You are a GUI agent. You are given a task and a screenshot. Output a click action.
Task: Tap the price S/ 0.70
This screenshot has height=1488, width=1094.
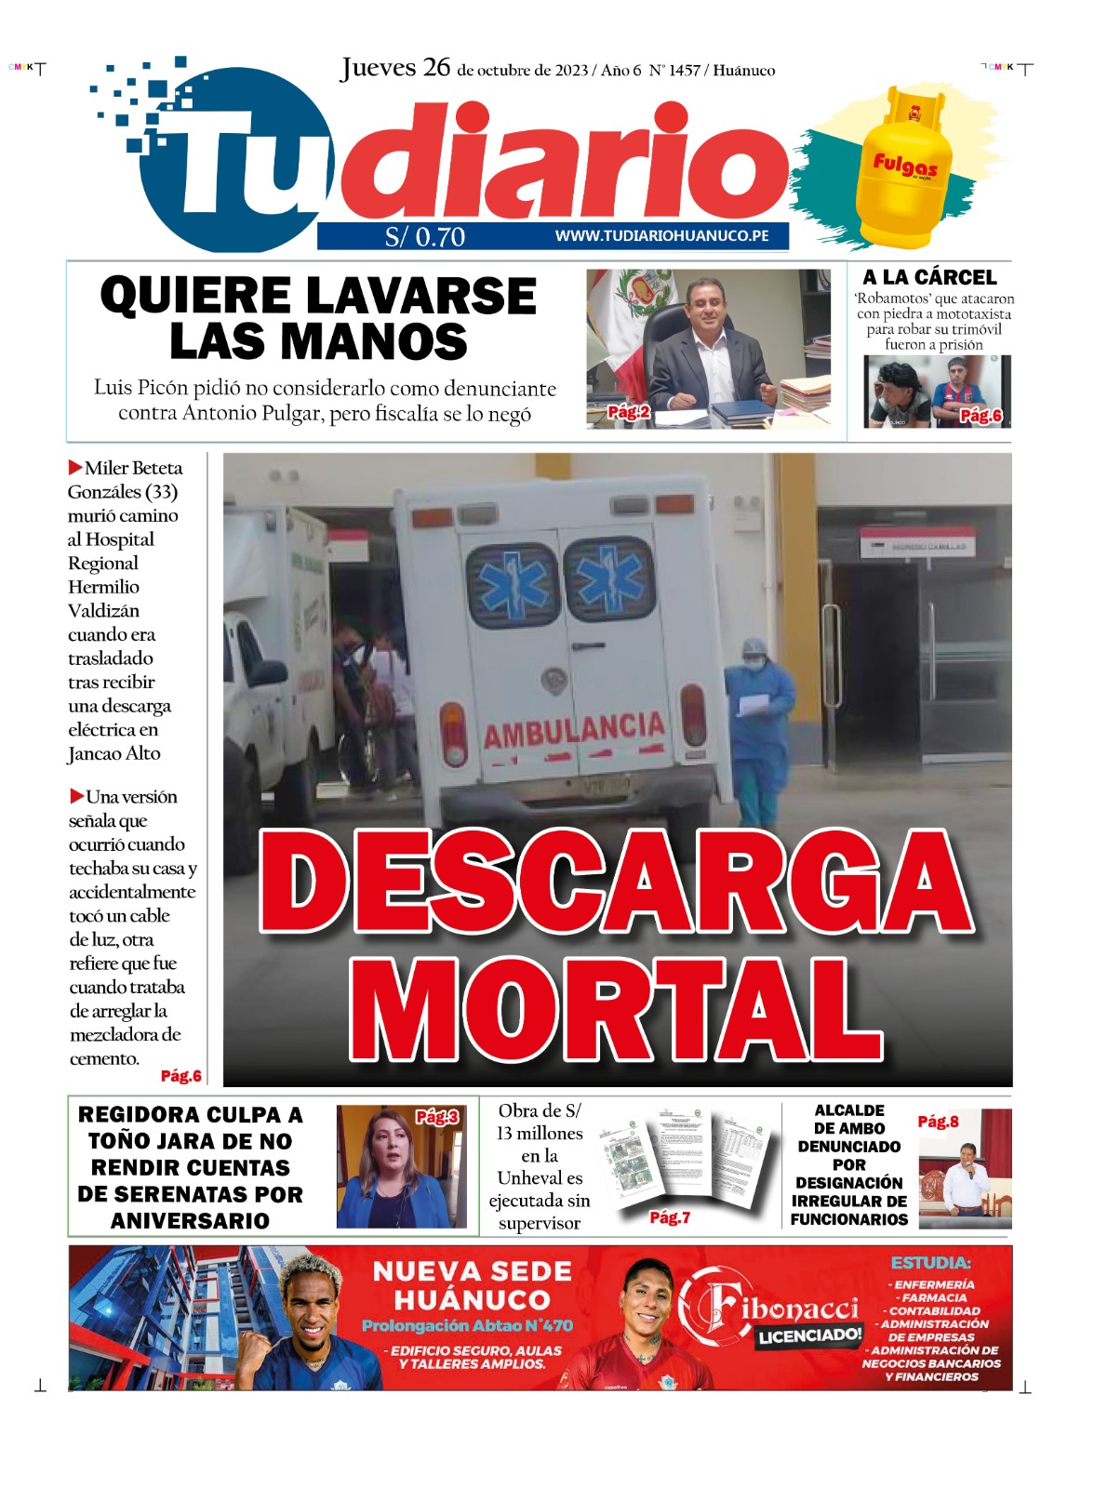pos(425,237)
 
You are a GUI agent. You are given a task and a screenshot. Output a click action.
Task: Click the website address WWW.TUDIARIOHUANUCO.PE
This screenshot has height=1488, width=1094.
pos(661,236)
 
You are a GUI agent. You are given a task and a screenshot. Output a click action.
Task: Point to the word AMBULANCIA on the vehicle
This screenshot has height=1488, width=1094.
pos(573,731)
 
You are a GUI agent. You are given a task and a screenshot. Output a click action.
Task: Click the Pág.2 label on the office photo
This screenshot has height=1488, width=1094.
pos(629,412)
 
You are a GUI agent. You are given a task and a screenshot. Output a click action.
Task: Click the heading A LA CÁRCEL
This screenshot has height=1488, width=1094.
pos(929,277)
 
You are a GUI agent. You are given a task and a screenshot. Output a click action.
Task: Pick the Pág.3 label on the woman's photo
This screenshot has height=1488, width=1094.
pos(436,1117)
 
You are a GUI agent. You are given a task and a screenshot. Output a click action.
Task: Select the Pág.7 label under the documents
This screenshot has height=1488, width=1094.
pos(670,1217)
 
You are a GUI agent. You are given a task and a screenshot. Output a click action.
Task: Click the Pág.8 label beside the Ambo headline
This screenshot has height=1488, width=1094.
pos(938,1122)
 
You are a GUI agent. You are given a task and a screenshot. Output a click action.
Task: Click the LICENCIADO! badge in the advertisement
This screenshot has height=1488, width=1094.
pos(809,1336)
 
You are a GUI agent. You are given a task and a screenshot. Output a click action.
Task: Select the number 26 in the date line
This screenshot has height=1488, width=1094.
pos(436,68)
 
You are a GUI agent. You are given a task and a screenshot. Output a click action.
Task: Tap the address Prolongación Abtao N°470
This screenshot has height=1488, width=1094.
pos(467,1325)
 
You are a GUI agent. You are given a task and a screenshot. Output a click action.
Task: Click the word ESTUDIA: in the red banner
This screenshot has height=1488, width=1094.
pos(930,1263)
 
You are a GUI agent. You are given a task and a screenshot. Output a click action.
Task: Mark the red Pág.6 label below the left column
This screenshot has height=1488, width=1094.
pos(180,1076)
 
